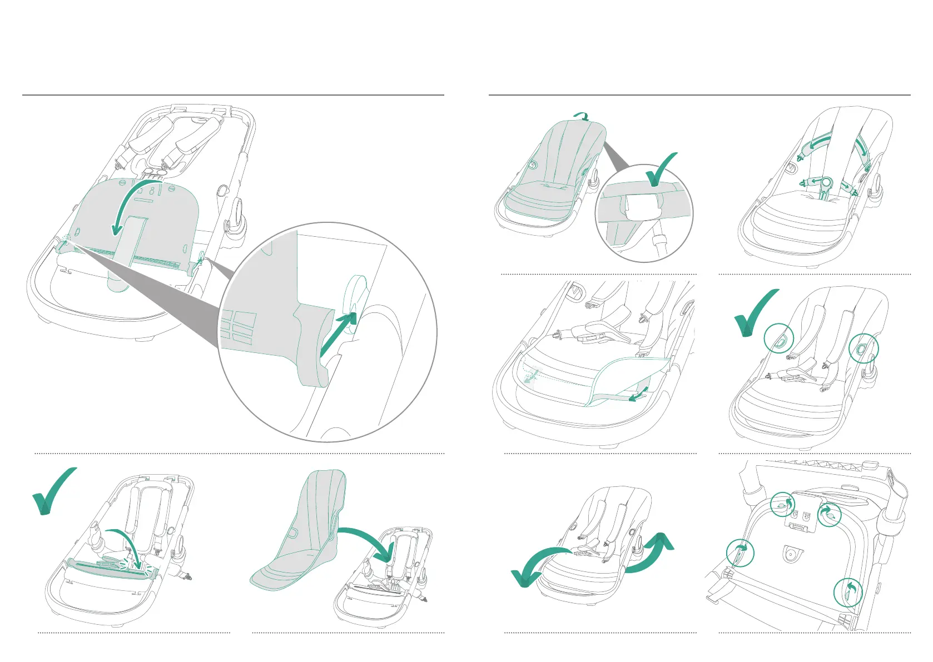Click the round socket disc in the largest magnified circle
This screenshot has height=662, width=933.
point(355,305)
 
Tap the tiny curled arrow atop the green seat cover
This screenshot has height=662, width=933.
point(582,116)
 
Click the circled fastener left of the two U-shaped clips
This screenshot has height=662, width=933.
point(782,504)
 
